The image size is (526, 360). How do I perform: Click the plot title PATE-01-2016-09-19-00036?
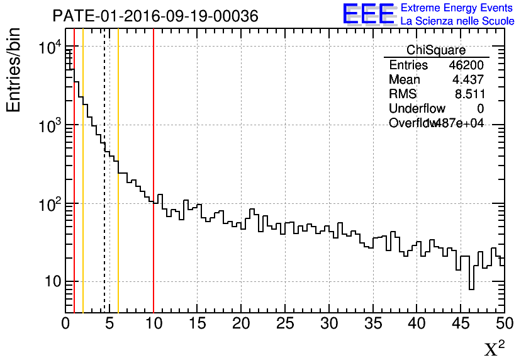tap(155, 16)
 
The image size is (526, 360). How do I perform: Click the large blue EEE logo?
tap(369, 14)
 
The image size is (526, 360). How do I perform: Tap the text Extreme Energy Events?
tap(457, 8)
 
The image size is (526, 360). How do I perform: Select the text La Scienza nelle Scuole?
tap(457, 21)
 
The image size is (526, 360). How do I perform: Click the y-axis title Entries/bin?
tap(14, 70)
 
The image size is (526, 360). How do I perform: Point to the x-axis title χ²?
tap(494, 349)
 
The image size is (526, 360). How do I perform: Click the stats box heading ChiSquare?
tap(436, 50)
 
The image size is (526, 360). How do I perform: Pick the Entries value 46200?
tap(466, 65)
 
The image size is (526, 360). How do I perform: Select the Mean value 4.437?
tap(468, 80)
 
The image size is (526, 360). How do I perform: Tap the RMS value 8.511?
tap(469, 94)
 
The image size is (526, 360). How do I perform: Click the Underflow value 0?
tap(481, 109)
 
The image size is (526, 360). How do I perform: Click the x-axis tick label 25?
tap(285, 323)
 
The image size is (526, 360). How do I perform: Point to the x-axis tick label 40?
tap(417, 323)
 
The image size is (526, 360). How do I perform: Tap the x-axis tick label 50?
tap(503, 323)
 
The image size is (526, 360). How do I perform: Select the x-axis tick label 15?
tap(198, 323)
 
